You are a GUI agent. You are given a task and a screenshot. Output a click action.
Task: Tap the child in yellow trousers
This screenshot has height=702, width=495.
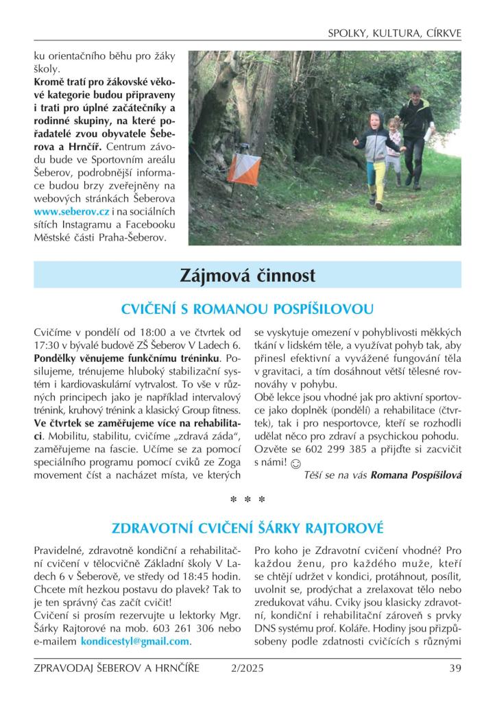pos(376,158)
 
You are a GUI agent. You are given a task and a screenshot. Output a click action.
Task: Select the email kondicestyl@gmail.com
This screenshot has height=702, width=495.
pos(134,642)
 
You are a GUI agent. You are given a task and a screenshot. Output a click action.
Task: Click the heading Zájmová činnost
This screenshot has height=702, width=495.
pos(247,276)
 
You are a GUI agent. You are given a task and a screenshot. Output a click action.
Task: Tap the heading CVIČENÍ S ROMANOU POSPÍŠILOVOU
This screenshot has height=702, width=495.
pos(247,307)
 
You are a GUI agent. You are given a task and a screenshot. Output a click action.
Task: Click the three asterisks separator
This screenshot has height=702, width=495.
pos(247,500)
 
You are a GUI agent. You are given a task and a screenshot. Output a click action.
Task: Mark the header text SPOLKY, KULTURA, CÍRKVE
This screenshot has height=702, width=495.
pos(394,32)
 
